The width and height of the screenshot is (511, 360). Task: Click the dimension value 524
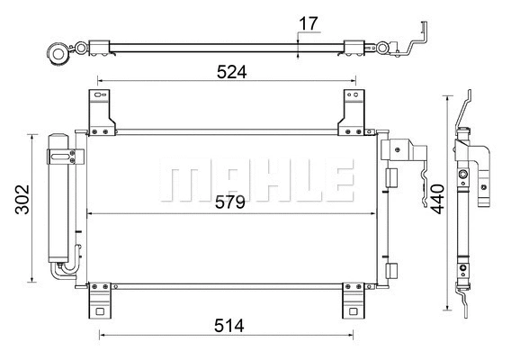point(231,71)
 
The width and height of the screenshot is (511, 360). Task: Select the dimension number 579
point(231,202)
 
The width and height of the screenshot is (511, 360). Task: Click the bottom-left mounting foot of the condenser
point(100,301)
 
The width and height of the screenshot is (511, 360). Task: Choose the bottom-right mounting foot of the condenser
point(352,301)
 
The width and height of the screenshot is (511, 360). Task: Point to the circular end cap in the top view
point(60,54)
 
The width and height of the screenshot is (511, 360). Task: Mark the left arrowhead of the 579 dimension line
point(91,214)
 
